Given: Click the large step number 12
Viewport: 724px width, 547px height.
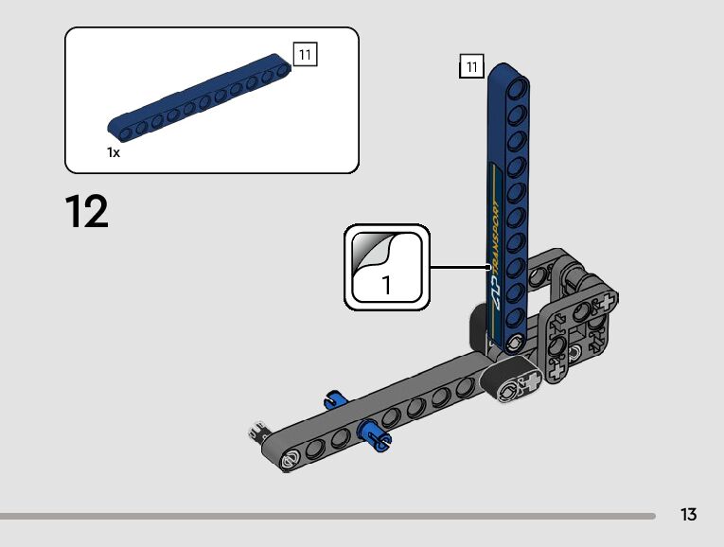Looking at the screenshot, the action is [x=87, y=211].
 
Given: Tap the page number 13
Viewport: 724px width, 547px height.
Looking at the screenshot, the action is [x=688, y=514].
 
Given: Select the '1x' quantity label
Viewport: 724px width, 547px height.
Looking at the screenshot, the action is [x=114, y=152].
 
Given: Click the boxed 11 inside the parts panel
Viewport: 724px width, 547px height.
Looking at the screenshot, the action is [x=305, y=55].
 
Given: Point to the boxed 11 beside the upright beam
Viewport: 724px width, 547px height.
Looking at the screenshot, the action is [x=471, y=66].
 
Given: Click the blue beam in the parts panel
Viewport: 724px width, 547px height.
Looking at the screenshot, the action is [x=200, y=97].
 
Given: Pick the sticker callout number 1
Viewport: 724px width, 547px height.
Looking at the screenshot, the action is [x=386, y=285].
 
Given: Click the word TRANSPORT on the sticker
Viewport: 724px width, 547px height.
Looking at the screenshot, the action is [x=495, y=237].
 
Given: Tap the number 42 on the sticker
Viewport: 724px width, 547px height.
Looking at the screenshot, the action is [x=495, y=292].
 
